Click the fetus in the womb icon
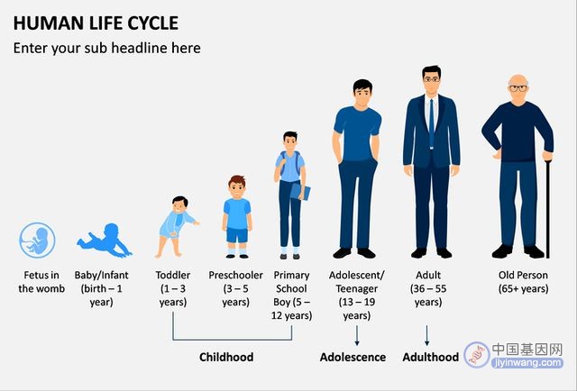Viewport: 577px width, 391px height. (x=37, y=241)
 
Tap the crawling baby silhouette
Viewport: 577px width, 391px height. (x=105, y=241)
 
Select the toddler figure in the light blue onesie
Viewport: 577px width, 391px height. (x=177, y=226)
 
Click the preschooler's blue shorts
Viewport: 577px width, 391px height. (x=237, y=235)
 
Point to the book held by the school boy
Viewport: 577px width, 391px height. (x=300, y=192)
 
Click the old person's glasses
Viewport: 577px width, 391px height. (x=518, y=88)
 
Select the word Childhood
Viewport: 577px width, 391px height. (x=226, y=357)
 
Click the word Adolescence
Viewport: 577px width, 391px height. (x=353, y=357)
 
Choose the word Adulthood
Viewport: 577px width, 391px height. (x=431, y=357)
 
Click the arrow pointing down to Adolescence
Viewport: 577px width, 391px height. (x=357, y=335)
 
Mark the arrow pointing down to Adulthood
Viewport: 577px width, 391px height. (x=426, y=335)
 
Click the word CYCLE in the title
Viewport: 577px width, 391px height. (x=153, y=23)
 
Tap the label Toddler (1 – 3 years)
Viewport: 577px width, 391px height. (x=173, y=288)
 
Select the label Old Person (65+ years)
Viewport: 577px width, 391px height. (x=523, y=282)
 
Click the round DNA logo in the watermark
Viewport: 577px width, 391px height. (x=477, y=355)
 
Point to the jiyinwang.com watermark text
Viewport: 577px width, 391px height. (x=527, y=363)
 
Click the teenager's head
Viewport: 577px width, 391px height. (x=362, y=92)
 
